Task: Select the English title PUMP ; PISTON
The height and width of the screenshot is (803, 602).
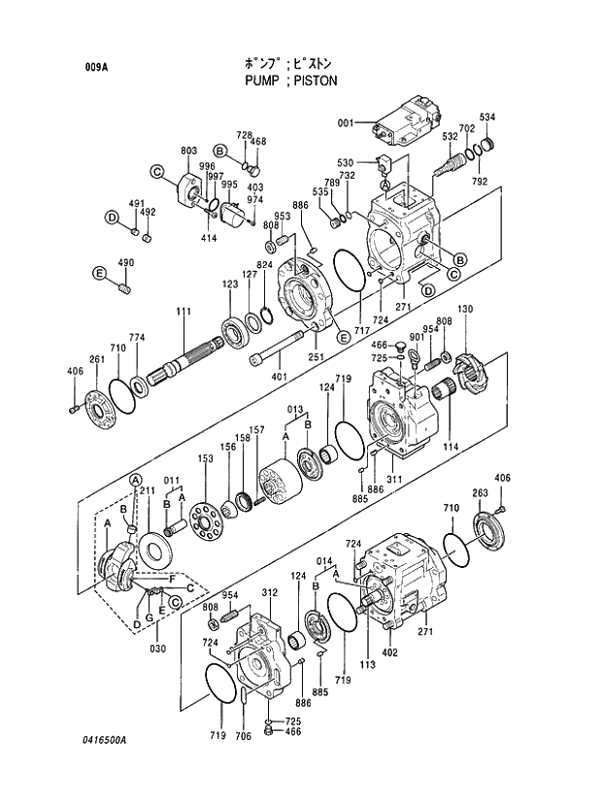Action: pos(290,81)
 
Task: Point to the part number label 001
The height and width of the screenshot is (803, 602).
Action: pos(347,123)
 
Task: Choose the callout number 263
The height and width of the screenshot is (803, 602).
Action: pos(480,492)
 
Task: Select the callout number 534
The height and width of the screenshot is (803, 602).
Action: pos(486,117)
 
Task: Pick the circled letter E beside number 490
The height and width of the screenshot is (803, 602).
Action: pos(99,274)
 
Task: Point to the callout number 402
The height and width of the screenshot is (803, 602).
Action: pos(390,652)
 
